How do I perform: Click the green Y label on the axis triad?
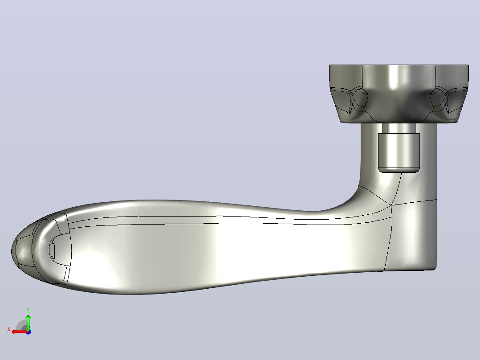[x=28, y=310]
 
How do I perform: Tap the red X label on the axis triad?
[x=9, y=330]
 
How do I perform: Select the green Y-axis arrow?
[x=28, y=322]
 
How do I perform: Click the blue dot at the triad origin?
[x=28, y=332]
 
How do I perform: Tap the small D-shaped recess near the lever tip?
[x=53, y=248]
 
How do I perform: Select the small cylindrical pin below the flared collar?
[x=399, y=152]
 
